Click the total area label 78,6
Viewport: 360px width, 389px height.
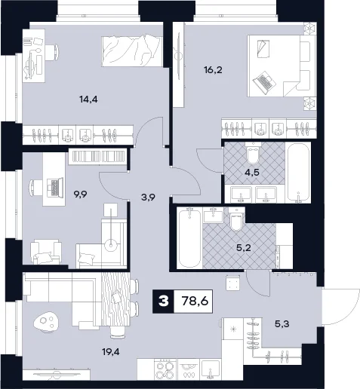point(195,301)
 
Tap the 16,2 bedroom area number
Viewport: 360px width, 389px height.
point(213,70)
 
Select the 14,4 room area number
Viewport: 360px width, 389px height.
point(88,100)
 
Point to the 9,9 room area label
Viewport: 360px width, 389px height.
point(80,194)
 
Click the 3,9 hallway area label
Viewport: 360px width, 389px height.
point(148,198)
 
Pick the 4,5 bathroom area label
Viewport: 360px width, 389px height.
point(253,173)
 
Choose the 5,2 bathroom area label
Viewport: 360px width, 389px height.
point(244,248)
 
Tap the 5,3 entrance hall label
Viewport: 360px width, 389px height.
point(282,324)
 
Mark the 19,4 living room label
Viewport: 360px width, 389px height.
point(111,352)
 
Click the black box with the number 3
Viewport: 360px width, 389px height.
point(163,301)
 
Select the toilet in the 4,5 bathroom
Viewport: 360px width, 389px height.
point(253,153)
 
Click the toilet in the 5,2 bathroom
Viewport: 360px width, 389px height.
point(235,219)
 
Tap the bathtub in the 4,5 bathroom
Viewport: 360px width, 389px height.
point(298,173)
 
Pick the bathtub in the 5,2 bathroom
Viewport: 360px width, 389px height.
point(189,237)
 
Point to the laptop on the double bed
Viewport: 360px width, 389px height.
point(263,82)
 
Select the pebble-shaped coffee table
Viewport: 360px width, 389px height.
point(46,321)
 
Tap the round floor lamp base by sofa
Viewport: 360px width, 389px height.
point(111,245)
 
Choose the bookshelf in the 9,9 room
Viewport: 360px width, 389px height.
point(97,157)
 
